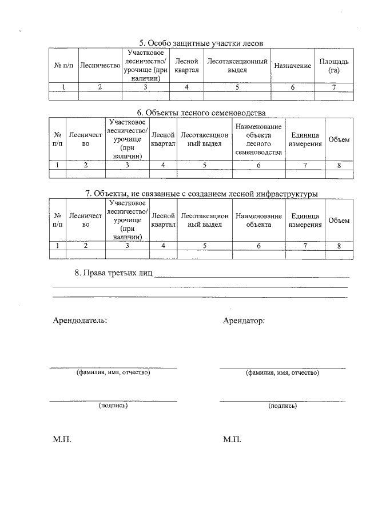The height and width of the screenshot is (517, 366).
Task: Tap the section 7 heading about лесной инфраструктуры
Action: pos(201,194)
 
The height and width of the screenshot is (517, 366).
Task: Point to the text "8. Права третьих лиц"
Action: pos(113,272)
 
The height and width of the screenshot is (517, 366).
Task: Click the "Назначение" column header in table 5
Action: pos(292,66)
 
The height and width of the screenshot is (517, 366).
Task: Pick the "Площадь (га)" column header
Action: pos(334,66)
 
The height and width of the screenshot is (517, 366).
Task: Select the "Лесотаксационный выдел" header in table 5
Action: pos(237,66)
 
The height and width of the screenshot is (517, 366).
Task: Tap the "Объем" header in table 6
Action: pos(339,141)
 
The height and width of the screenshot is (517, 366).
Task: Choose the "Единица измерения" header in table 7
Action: pos(305,221)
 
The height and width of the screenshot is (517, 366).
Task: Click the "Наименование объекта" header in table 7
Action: pos(258,221)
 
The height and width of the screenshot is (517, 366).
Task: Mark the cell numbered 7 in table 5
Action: pos(334,87)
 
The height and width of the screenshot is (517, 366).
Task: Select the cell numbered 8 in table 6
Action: pos(339,165)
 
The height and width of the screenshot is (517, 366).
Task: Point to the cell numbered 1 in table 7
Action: pos(58,246)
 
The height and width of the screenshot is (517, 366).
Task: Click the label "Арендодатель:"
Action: pos(79,320)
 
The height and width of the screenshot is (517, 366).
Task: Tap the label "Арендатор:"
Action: pos(244,320)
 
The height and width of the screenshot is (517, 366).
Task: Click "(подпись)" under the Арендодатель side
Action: pos(113,406)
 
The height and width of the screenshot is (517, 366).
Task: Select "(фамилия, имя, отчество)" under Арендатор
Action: pos(283,372)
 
